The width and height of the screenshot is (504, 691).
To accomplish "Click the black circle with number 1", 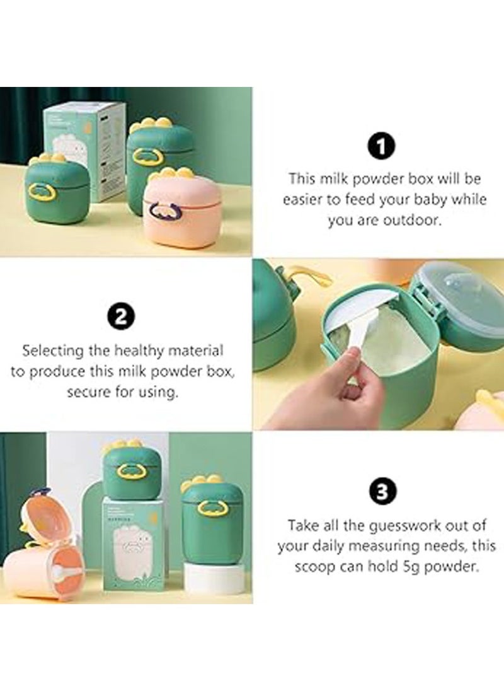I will [381, 147].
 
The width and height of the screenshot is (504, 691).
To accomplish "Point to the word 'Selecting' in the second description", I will [54, 349].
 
